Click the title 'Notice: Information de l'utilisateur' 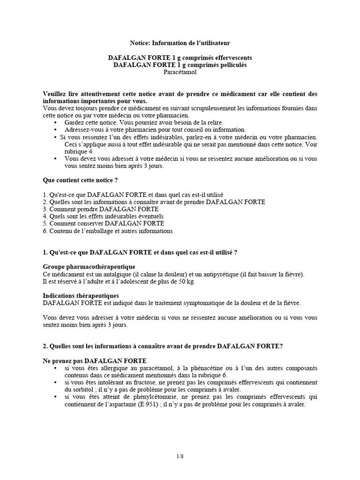pyautogui.click(x=180, y=43)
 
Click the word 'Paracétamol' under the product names pyautogui.click(x=180, y=73)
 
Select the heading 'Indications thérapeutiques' pyautogui.click(x=81, y=296)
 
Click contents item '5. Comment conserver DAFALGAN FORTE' pyautogui.click(x=103, y=224)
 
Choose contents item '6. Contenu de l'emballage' pyautogui.click(x=107, y=231)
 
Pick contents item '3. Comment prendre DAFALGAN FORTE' pyautogui.click(x=100, y=209)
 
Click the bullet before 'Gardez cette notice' pyautogui.click(x=56, y=122)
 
